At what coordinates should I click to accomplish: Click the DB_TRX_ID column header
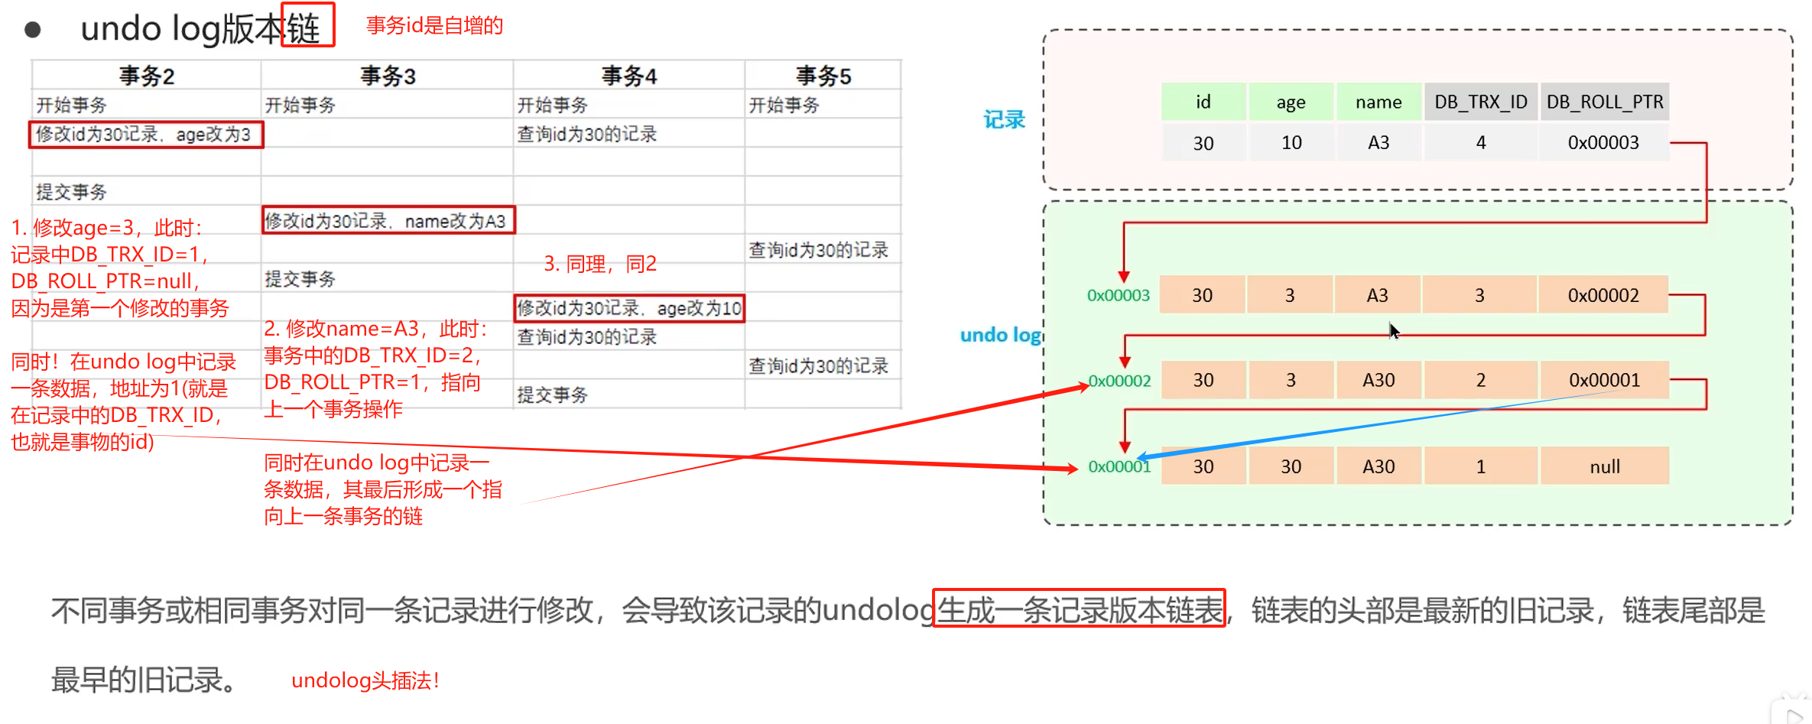[1480, 102]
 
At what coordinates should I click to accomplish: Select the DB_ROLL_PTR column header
[1604, 102]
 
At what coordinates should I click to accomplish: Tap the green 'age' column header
[1291, 102]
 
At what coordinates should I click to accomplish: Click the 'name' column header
[1378, 102]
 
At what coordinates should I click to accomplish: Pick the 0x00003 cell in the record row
[1603, 143]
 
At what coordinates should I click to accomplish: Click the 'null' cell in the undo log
[1604, 466]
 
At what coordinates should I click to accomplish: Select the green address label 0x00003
[1118, 295]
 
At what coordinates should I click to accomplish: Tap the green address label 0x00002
[1119, 381]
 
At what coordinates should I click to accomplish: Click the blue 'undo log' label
[1000, 335]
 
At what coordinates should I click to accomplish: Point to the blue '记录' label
[1004, 120]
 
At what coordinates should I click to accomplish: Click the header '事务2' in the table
[147, 76]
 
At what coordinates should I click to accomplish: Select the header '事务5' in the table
[823, 76]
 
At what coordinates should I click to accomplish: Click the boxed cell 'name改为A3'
[388, 221]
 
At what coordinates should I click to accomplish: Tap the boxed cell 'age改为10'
[628, 308]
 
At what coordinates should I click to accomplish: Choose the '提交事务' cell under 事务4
[552, 395]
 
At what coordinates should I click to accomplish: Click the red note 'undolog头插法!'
[365, 680]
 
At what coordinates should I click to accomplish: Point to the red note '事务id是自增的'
[434, 26]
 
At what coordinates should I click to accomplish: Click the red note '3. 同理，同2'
[600, 264]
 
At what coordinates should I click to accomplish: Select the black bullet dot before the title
[33, 30]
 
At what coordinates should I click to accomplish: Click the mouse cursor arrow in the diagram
[1394, 330]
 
